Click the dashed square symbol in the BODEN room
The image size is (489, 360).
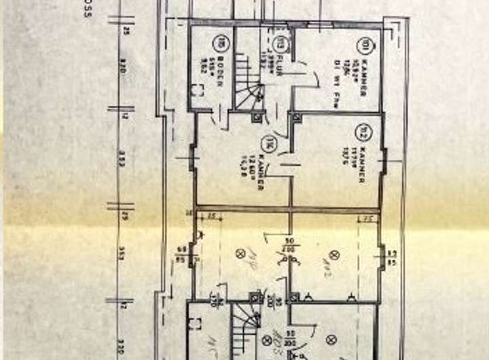(x=198, y=90)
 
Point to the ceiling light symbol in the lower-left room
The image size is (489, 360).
(x=240, y=253)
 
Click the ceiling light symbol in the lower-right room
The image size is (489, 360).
(x=333, y=254)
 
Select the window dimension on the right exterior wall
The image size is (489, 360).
(x=392, y=254)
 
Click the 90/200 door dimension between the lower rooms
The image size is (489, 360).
(x=289, y=245)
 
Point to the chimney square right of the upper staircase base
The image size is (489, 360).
(x=257, y=116)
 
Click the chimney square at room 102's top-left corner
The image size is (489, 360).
(x=296, y=118)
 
